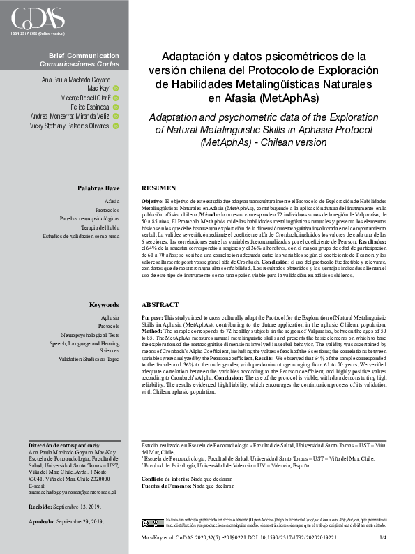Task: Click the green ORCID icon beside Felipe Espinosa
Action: (x=116, y=107)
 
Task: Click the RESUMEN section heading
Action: (x=158, y=189)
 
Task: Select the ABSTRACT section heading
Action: (x=160, y=305)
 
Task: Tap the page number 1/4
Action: (x=382, y=538)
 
